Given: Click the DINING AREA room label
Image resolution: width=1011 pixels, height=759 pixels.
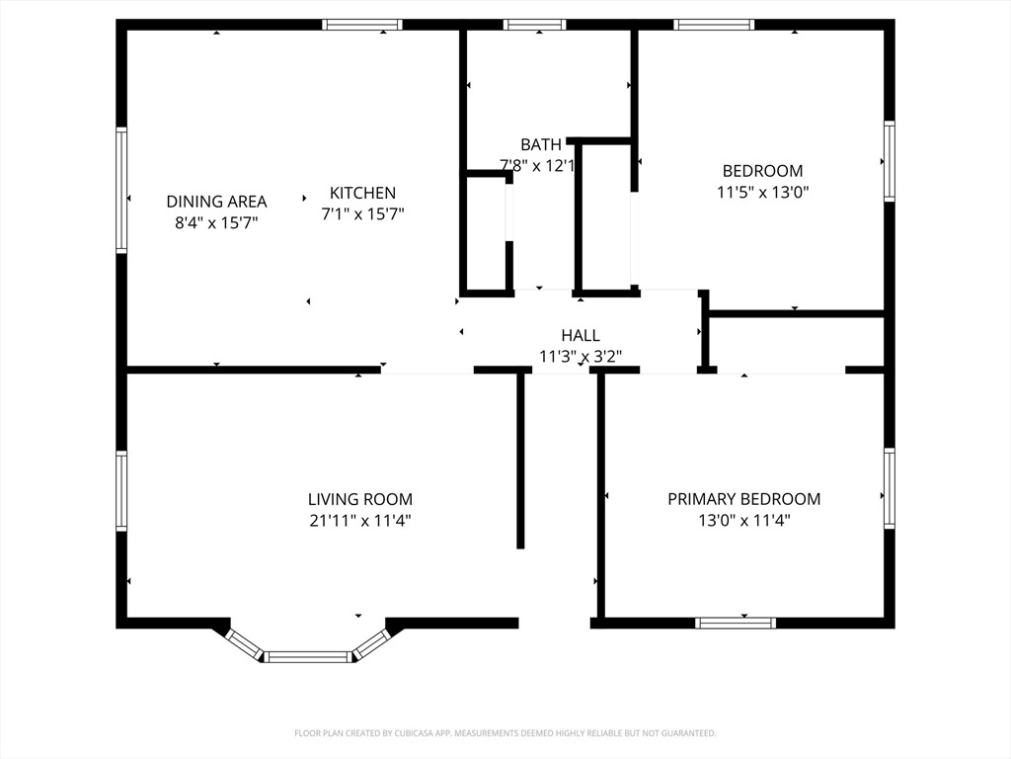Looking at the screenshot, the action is (216, 202).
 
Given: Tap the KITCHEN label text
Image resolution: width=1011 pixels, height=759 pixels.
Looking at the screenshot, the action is (362, 193).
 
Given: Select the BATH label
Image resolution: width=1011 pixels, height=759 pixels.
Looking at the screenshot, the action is (541, 144).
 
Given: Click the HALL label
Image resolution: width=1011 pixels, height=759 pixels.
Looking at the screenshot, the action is (581, 336).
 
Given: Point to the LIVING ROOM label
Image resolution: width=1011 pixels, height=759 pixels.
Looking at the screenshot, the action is (359, 499).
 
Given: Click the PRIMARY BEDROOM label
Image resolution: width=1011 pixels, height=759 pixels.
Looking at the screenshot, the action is (744, 499).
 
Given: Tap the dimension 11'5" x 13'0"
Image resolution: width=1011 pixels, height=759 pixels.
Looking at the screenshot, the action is (763, 193).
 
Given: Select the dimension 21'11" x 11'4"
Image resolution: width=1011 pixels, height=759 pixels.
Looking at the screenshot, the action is (360, 520).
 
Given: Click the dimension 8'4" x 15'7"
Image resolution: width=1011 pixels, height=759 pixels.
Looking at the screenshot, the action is (216, 222).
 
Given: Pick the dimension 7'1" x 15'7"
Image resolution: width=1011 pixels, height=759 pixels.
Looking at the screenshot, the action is (362, 213).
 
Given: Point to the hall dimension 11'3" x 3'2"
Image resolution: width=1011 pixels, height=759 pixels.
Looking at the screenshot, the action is (581, 356).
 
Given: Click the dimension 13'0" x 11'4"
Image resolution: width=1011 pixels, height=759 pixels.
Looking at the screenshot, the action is (744, 520).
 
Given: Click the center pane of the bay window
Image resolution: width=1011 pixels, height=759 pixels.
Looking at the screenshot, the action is (308, 657).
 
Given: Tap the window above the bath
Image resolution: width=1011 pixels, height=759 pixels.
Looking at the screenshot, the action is (534, 25).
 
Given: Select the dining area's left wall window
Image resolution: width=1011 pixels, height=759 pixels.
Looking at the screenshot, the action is (121, 190).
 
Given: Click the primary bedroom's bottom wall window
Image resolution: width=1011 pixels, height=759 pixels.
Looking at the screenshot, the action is (736, 623).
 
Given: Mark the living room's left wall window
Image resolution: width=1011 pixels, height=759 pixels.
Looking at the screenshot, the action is (121, 490).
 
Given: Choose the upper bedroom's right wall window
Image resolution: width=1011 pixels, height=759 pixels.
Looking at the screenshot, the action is (890, 161).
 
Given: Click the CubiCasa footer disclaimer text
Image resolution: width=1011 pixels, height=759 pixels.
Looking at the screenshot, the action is (505, 733).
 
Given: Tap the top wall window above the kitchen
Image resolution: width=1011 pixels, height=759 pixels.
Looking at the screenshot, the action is (362, 25).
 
